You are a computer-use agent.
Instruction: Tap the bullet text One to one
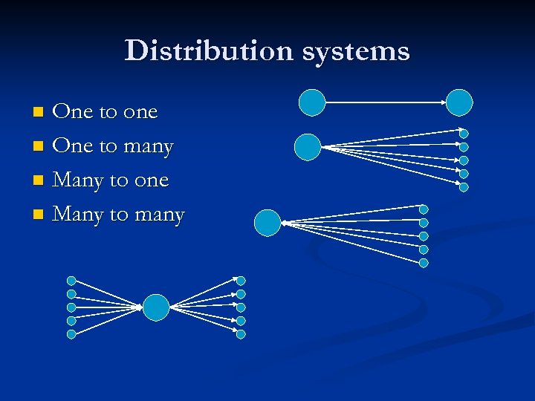pos(106,112)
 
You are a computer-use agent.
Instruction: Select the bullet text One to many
pos(114,146)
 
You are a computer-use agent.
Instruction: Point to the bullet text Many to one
pos(111,180)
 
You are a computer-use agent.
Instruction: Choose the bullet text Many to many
pos(119,215)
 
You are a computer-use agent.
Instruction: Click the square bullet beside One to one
pos(39,112)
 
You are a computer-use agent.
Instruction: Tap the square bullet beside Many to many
pos(39,215)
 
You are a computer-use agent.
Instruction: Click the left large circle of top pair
pos(312,102)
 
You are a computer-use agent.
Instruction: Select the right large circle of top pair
pos(459,102)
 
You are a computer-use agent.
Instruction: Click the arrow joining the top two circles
pos(386,102)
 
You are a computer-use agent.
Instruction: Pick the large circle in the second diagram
pos(308,147)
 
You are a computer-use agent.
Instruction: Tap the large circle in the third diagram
pos(267,223)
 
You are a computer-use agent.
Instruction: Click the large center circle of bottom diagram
pos(156,307)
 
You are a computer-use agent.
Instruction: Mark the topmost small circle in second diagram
pos(464,134)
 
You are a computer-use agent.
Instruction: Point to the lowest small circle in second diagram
pos(464,187)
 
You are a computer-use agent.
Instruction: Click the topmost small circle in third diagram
pos(424,209)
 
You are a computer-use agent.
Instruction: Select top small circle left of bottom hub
pos(71,281)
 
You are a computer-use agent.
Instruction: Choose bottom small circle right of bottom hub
pos(241,334)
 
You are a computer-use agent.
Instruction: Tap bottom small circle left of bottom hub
pos(71,334)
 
